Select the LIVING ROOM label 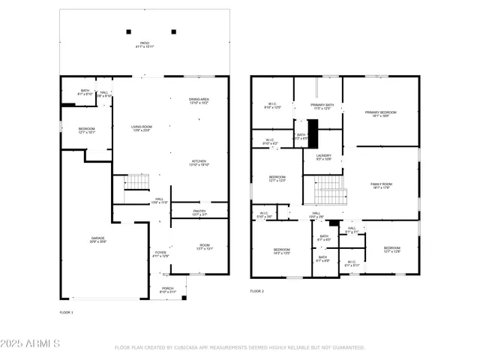tap(142, 128)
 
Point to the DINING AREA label tap(199, 100)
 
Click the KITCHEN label tap(199, 163)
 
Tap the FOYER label tap(160, 254)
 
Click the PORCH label tap(166, 289)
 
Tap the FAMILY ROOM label tap(381, 185)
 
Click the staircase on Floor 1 tap(136, 181)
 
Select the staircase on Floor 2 tap(327, 189)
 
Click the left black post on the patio tap(128, 31)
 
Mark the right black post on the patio tap(174, 31)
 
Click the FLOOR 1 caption tap(67, 311)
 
